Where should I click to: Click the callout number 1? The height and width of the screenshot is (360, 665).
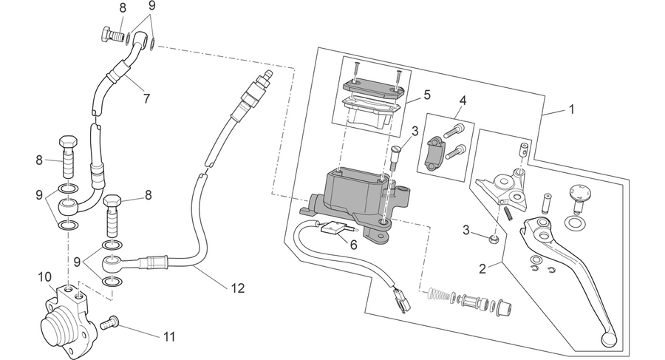pos(571,109)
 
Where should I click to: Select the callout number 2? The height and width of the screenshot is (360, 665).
pos(482,269)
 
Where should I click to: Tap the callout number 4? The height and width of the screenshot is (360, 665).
pos(463,101)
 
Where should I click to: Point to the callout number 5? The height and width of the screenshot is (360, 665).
pos(426,95)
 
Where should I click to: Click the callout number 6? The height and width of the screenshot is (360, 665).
pos(354,245)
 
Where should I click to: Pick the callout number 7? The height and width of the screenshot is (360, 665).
pos(147,98)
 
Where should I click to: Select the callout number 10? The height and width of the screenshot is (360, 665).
pos(44,277)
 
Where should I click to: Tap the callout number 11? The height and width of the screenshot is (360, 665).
pos(169,337)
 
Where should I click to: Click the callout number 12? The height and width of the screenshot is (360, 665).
pos(238,288)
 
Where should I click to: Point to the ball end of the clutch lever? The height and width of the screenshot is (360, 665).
pos(607,338)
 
